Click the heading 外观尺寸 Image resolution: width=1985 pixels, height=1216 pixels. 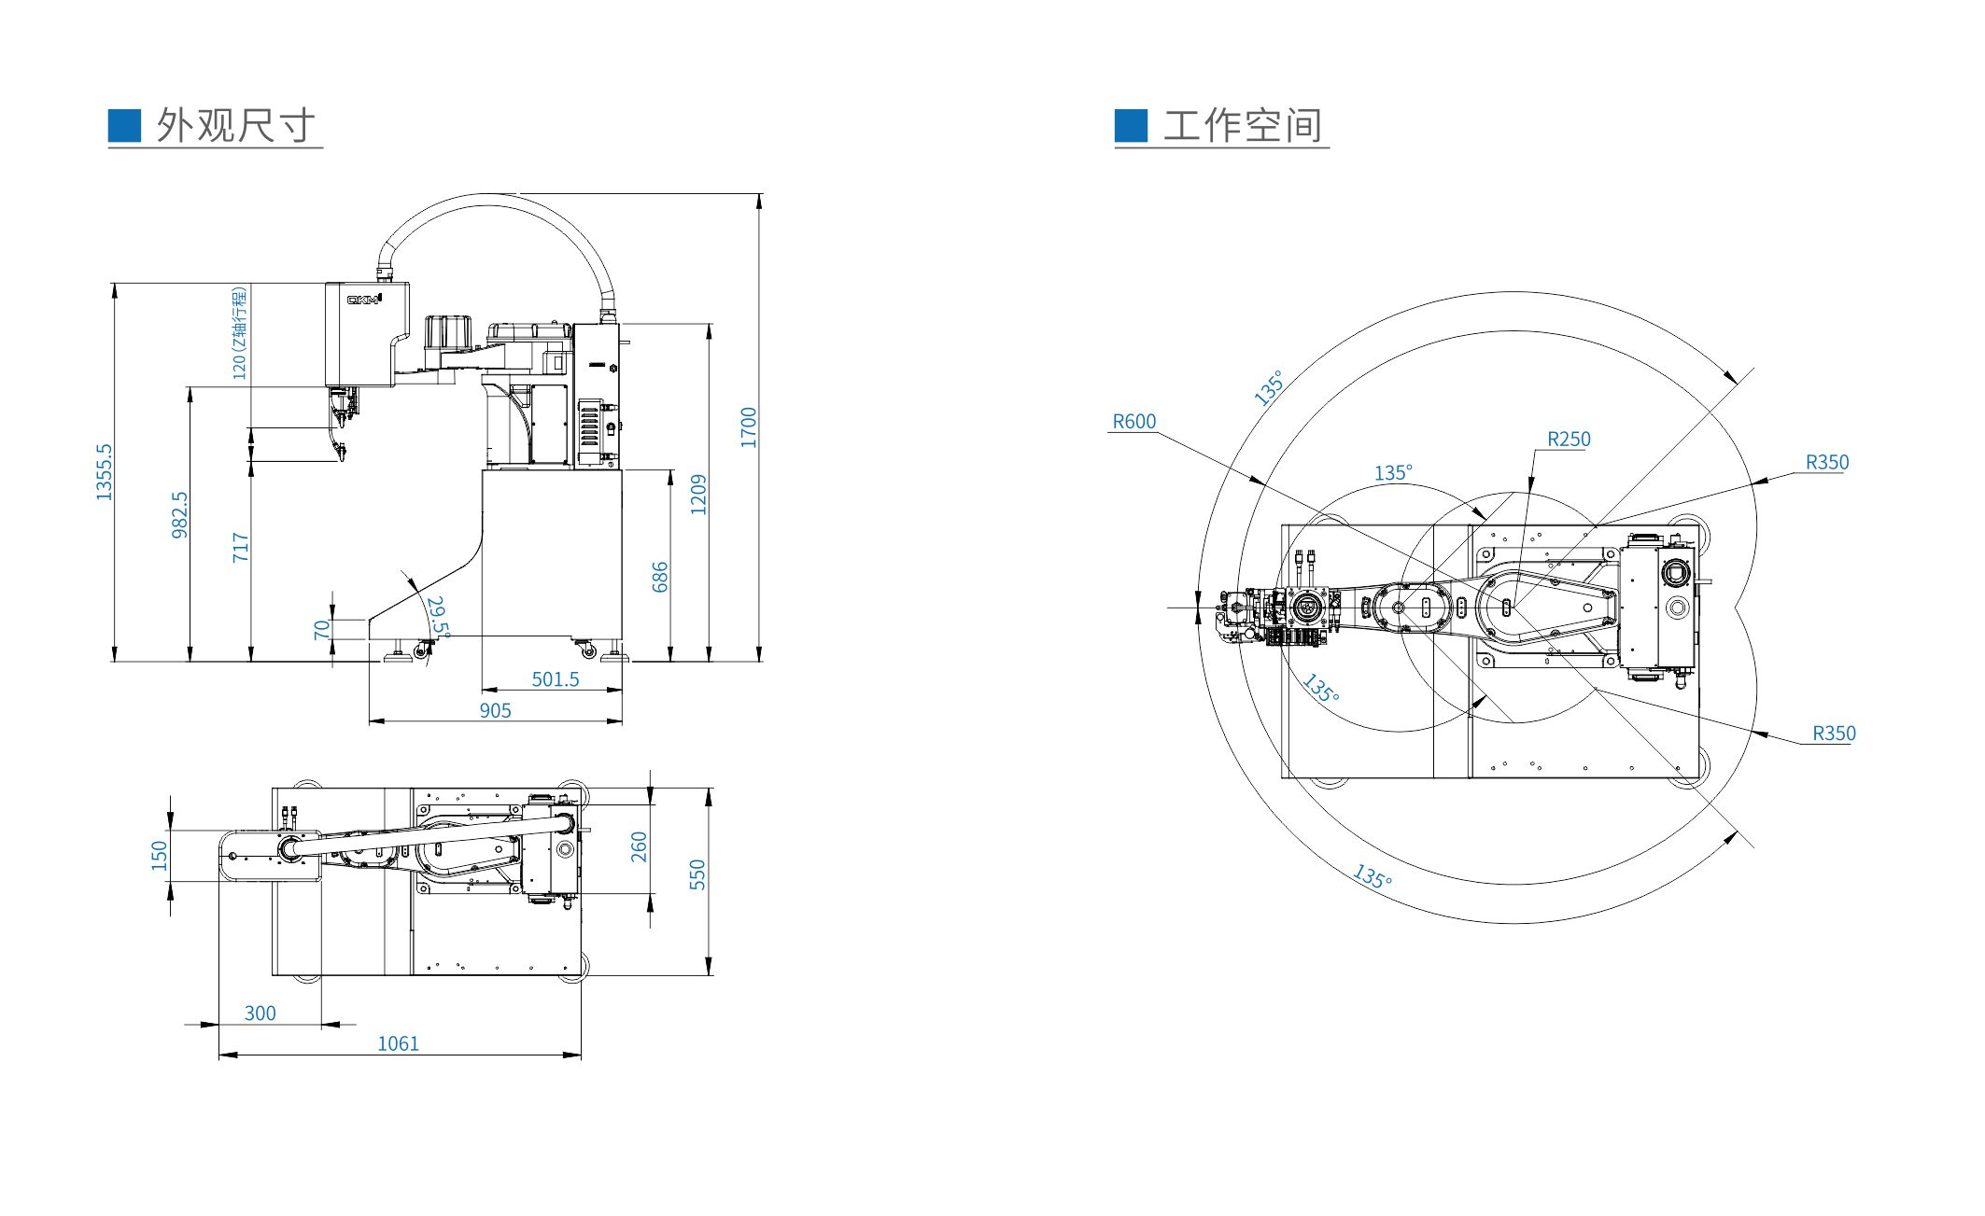(x=236, y=125)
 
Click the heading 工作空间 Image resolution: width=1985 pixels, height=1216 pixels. (x=1243, y=125)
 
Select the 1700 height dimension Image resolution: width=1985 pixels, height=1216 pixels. (x=749, y=427)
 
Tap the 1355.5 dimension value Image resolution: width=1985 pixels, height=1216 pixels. (x=104, y=471)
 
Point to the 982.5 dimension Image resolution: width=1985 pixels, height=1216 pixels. (x=180, y=515)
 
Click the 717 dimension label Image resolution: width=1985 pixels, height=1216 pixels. (x=241, y=547)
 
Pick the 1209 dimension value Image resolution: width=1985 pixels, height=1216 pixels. (x=698, y=495)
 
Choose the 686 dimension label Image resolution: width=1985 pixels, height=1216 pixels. (x=660, y=577)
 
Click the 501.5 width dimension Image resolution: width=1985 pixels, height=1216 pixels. (x=556, y=679)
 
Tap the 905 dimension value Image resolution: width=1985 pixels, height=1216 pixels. (x=496, y=710)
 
